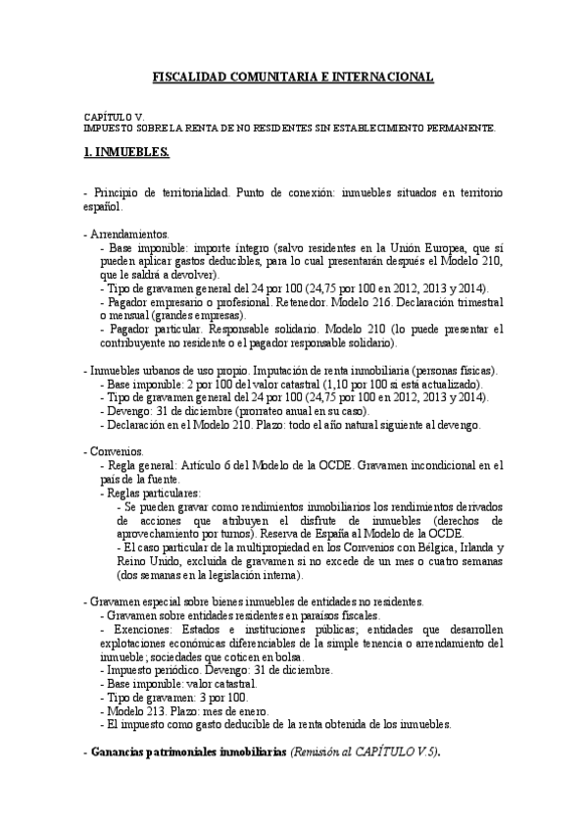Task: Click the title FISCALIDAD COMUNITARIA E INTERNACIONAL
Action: [293, 77]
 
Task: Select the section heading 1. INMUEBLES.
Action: [126, 153]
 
